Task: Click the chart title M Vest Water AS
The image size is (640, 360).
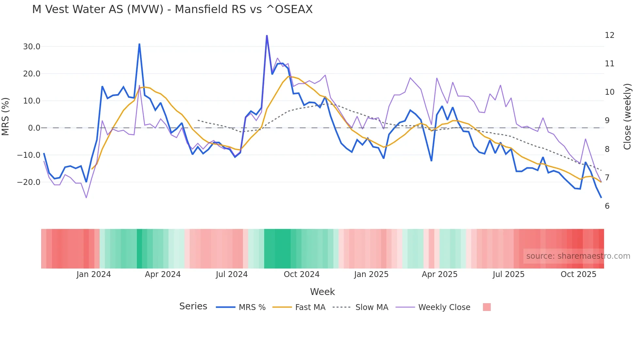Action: click(172, 9)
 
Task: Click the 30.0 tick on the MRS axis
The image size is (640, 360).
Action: click(31, 47)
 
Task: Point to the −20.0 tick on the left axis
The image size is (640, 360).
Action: click(29, 182)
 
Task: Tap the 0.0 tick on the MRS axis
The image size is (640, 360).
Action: click(34, 128)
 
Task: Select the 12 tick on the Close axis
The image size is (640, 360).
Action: click(609, 35)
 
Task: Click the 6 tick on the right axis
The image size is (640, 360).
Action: click(607, 206)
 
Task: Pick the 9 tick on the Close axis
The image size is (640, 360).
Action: click(607, 121)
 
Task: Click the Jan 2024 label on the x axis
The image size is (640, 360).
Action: click(93, 274)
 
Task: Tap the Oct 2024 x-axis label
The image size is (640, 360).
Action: click(301, 274)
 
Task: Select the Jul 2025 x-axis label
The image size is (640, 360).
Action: click(508, 274)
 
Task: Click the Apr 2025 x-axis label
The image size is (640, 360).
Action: click(440, 274)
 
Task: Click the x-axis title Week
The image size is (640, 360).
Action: click(322, 292)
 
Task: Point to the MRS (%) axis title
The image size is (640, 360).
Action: click(6, 117)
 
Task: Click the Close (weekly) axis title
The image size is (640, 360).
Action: click(627, 117)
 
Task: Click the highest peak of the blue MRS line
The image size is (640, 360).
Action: click(267, 36)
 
